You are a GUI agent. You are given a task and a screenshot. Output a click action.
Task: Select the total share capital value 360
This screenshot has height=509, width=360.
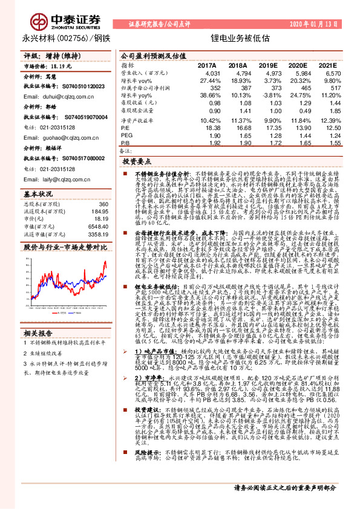click(x=102, y=204)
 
